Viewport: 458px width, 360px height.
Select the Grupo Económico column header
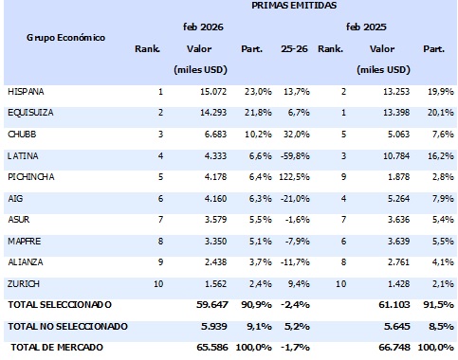pos(65,38)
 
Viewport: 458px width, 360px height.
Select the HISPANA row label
pos(27,92)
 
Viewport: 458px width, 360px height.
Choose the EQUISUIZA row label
pos(30,113)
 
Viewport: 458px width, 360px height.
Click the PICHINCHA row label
pos(30,175)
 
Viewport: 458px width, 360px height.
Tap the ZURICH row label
pos(24,282)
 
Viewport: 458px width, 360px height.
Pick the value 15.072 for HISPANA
pos(213,92)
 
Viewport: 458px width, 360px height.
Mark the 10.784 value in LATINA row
pos(391,154)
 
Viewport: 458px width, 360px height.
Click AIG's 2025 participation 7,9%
pos(434,197)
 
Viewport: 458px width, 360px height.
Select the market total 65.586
pos(213,349)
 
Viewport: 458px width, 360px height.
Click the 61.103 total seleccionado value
pos(390,304)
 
